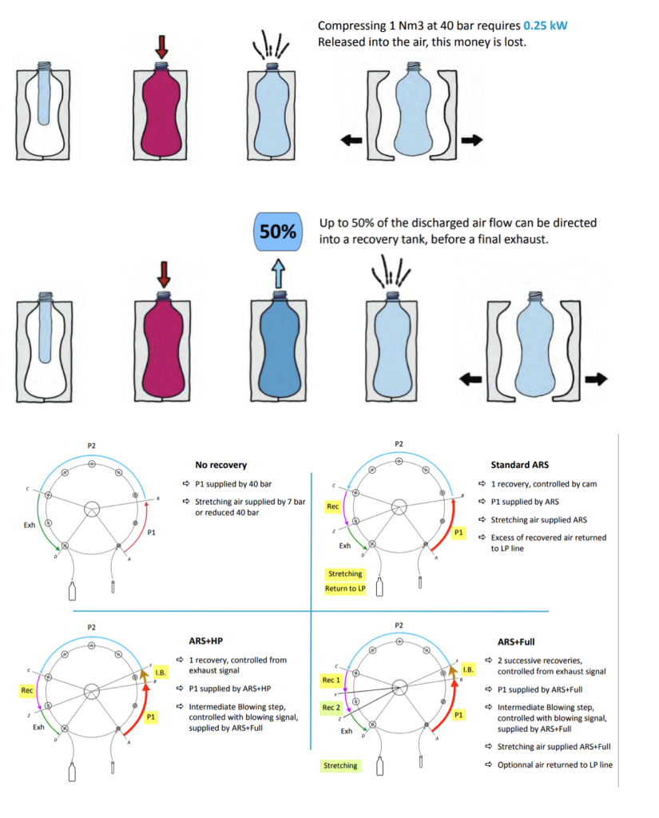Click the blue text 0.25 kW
(544, 25)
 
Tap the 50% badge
(276, 232)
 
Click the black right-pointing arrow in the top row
(471, 140)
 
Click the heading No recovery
(220, 464)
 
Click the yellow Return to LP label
(345, 589)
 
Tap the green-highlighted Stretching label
(339, 766)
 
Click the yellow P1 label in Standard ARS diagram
(458, 531)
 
